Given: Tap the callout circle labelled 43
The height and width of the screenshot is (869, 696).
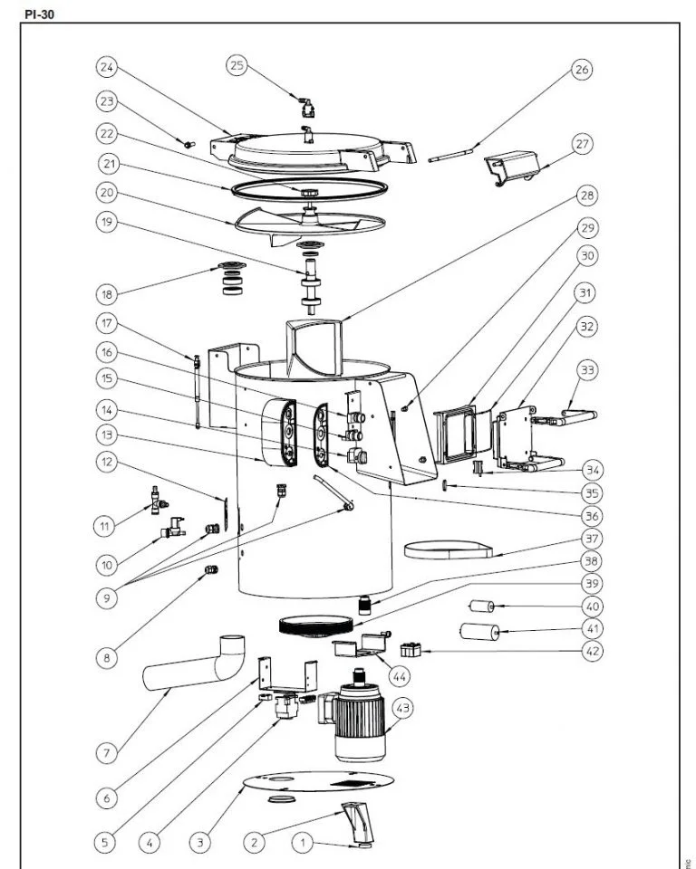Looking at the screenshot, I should coord(400,708).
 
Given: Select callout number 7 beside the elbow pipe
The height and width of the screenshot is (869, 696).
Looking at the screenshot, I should coord(106,752).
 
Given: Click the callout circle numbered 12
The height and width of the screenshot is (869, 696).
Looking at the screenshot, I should coord(107,462).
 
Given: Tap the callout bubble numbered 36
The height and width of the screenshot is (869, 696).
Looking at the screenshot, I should coord(590,515).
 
